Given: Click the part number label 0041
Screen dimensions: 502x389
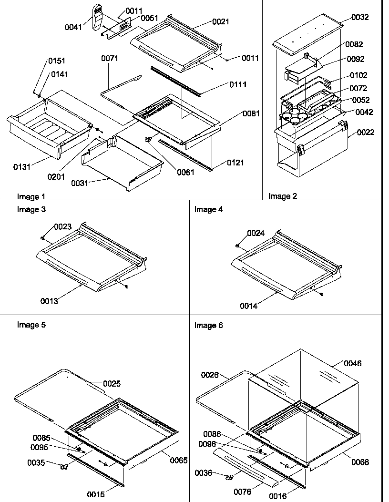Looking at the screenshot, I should tap(73, 27).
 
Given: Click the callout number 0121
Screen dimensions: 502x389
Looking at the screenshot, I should tap(235, 163).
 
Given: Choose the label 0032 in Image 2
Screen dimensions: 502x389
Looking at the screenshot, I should tap(360, 17).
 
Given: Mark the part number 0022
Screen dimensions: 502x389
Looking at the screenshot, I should tap(365, 132).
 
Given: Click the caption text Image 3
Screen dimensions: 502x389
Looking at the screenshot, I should tap(31, 209).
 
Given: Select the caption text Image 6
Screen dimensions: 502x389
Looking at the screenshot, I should tap(208, 326).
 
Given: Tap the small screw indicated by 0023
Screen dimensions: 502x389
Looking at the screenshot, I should tap(43, 237).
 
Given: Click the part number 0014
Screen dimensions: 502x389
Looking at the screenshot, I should tap(249, 306).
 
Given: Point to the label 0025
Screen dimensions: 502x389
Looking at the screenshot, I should tap(112, 383).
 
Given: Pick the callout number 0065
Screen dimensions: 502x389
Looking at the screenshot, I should tap(178, 461).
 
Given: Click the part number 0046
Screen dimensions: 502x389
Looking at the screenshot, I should tap(353, 363).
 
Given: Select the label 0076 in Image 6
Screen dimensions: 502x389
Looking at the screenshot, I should tap(243, 492).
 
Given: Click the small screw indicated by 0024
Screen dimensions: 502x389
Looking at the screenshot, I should tap(237, 245).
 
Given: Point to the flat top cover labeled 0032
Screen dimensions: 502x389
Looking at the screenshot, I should tap(308, 36).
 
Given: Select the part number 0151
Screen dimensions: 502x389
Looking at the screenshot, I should tap(57, 61).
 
